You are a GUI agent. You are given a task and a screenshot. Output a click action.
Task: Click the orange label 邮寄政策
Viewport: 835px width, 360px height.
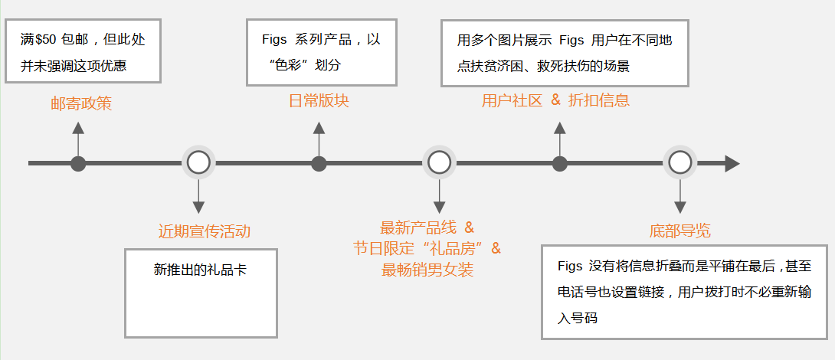click(81, 103)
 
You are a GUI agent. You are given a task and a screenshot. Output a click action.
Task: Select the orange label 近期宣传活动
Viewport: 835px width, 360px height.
click(205, 231)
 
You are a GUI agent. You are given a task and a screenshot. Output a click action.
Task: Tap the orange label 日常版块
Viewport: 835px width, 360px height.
click(319, 100)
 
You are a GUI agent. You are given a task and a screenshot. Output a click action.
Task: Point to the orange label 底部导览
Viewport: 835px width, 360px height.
click(679, 231)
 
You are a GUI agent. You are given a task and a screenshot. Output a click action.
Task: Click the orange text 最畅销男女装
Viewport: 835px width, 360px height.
click(427, 270)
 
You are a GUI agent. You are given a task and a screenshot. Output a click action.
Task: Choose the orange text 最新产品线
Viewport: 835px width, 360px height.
click(418, 227)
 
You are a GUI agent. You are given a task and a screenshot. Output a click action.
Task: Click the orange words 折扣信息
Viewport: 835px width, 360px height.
click(599, 100)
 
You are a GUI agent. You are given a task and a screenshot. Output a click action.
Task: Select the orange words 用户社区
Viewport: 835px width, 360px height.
click(512, 100)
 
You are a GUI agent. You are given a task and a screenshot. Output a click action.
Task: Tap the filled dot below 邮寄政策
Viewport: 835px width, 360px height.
click(78, 163)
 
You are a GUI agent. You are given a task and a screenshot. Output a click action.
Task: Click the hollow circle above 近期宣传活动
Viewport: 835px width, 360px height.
click(198, 162)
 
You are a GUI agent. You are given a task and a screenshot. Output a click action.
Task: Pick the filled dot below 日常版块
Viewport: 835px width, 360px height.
click(319, 163)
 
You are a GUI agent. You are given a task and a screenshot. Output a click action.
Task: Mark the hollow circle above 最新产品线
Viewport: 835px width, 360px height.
click(439, 162)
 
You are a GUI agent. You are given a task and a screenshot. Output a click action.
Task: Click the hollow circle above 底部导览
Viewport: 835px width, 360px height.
click(679, 162)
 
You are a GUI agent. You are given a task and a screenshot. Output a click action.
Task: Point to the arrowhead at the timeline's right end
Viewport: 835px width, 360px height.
click(732, 163)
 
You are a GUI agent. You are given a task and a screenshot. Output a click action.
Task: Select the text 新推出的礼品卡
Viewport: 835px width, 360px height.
click(200, 270)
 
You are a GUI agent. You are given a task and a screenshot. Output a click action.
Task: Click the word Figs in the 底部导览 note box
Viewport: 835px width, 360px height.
click(571, 266)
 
